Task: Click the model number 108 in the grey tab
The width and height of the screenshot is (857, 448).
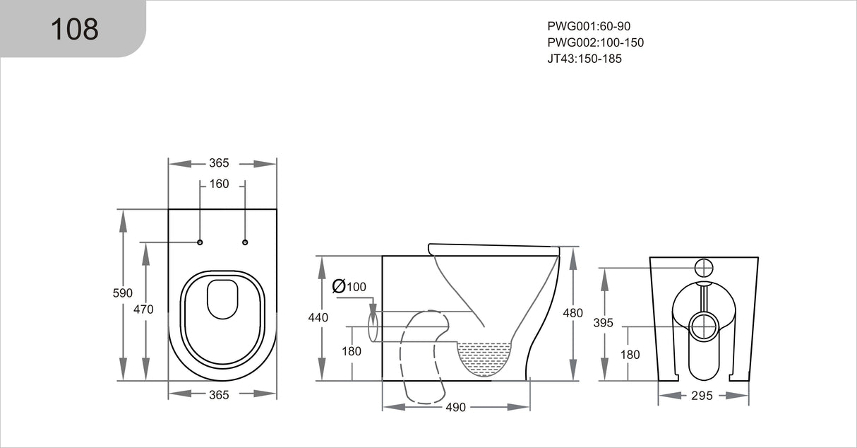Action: [74, 29]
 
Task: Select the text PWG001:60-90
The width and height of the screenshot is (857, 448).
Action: [589, 26]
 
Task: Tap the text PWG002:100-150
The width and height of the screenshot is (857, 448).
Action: [595, 42]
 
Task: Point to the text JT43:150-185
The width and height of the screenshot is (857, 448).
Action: [584, 59]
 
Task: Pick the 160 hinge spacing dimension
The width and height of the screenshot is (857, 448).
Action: [219, 184]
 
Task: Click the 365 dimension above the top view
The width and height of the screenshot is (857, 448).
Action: [219, 163]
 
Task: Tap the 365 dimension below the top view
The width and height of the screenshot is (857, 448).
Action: [219, 395]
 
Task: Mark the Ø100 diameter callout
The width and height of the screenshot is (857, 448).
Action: [349, 286]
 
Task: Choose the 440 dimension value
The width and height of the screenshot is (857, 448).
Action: [318, 318]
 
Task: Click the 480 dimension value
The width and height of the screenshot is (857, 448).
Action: [573, 313]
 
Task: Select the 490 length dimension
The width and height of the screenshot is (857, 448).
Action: [455, 407]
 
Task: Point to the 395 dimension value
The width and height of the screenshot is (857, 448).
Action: [604, 323]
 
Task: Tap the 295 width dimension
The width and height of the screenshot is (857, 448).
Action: [702, 396]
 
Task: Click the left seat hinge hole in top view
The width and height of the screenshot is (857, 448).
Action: [200, 242]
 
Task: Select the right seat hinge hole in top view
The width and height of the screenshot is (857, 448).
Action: [245, 242]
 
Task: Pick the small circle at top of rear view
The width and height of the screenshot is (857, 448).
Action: [704, 267]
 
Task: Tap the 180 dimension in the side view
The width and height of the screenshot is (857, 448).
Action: [352, 351]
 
